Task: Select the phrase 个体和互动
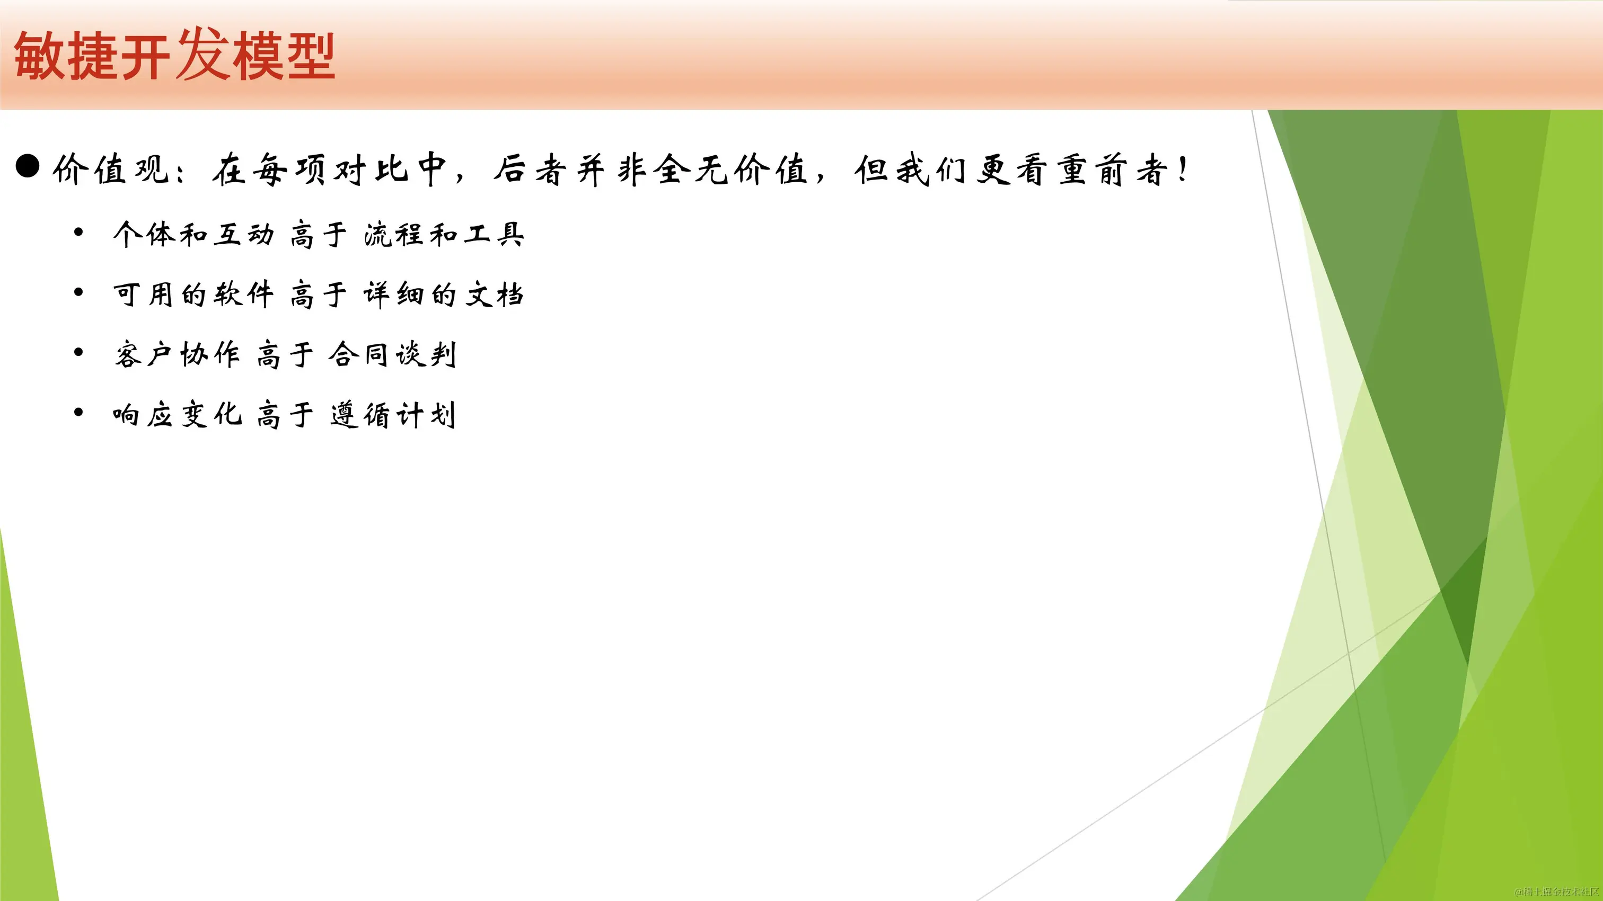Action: pos(193,235)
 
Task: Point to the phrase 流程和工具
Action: pos(444,235)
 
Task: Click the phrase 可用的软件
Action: pos(193,294)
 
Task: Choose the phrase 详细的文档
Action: pos(444,294)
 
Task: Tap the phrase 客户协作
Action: pos(177,354)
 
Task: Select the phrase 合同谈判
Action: pos(393,354)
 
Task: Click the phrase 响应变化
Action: pos(177,415)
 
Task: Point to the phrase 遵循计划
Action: pos(393,415)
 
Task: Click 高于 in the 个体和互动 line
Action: pos(318,235)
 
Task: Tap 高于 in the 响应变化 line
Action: pos(285,415)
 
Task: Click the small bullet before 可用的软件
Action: pos(78,292)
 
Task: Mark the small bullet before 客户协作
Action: pos(78,353)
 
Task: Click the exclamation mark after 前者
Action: pos(1183,169)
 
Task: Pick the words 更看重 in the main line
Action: pos(1033,169)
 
